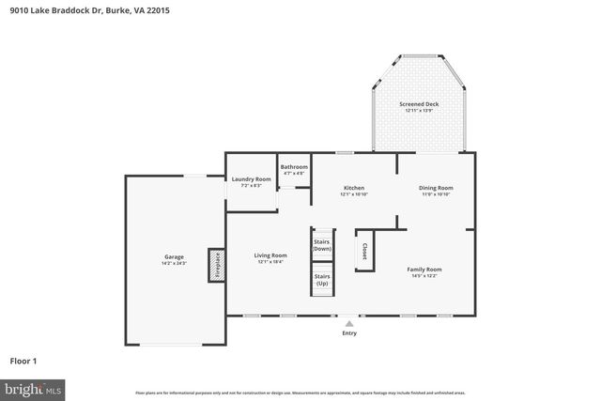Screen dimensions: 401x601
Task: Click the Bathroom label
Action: tap(294, 167)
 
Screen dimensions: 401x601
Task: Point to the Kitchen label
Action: tap(354, 188)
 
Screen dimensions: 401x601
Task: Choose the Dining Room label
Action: tap(435, 188)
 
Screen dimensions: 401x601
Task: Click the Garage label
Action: tap(175, 256)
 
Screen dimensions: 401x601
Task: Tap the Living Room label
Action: tap(270, 255)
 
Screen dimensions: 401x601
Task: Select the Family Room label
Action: tap(424, 270)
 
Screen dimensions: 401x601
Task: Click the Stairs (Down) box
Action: tap(322, 244)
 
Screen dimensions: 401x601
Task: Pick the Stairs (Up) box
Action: tap(322, 280)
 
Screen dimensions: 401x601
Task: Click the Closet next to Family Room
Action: tap(364, 250)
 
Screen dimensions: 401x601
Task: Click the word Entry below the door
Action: tap(349, 333)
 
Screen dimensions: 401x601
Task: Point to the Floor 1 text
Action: tap(23, 360)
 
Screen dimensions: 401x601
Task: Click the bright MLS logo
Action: tap(33, 388)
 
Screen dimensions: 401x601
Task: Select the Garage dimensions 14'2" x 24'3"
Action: tap(175, 263)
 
